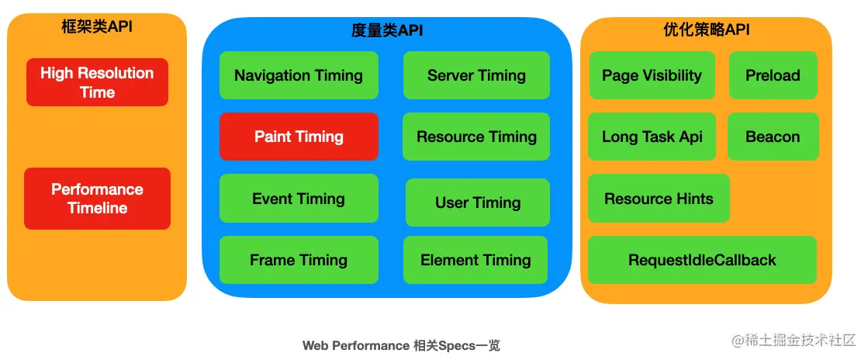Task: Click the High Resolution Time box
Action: click(98, 82)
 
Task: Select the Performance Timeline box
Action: click(98, 199)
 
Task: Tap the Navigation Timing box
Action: click(299, 75)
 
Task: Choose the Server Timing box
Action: click(476, 75)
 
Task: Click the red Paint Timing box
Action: click(299, 137)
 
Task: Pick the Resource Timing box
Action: click(476, 137)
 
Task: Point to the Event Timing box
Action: click(299, 199)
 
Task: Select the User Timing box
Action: click(478, 202)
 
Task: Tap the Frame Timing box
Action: click(299, 260)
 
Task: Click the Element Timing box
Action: click(475, 260)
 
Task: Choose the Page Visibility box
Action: click(652, 75)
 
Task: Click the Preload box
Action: click(773, 75)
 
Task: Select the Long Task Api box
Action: click(652, 137)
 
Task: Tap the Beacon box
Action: click(773, 137)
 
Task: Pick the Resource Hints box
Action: click(659, 199)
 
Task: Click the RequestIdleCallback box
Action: click(703, 260)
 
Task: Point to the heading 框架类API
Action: click(97, 26)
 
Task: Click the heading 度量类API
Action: click(387, 30)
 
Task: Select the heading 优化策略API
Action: click(707, 29)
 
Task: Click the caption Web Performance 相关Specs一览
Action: click(401, 345)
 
